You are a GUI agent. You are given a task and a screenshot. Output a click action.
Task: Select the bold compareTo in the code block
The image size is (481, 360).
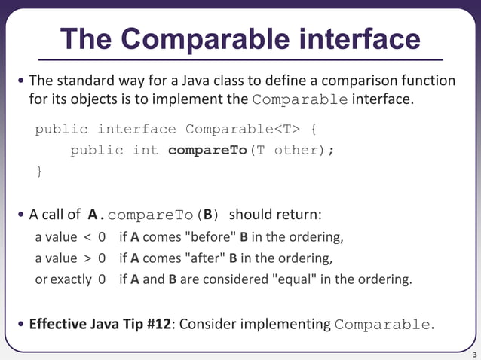point(207,150)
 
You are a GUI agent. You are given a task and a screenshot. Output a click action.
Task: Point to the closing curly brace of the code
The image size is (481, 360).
point(39,171)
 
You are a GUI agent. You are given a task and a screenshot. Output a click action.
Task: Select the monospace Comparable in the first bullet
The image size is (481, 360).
point(301,100)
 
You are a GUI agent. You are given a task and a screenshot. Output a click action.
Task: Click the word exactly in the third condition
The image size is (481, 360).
point(71,280)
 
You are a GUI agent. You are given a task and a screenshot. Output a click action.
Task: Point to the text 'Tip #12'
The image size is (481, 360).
point(146,325)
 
